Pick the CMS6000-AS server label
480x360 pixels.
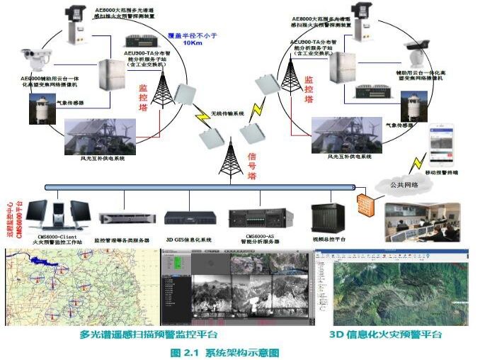click(x=261, y=236)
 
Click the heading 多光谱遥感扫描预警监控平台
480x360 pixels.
click(x=149, y=334)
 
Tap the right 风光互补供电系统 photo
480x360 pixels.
click(x=339, y=134)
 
